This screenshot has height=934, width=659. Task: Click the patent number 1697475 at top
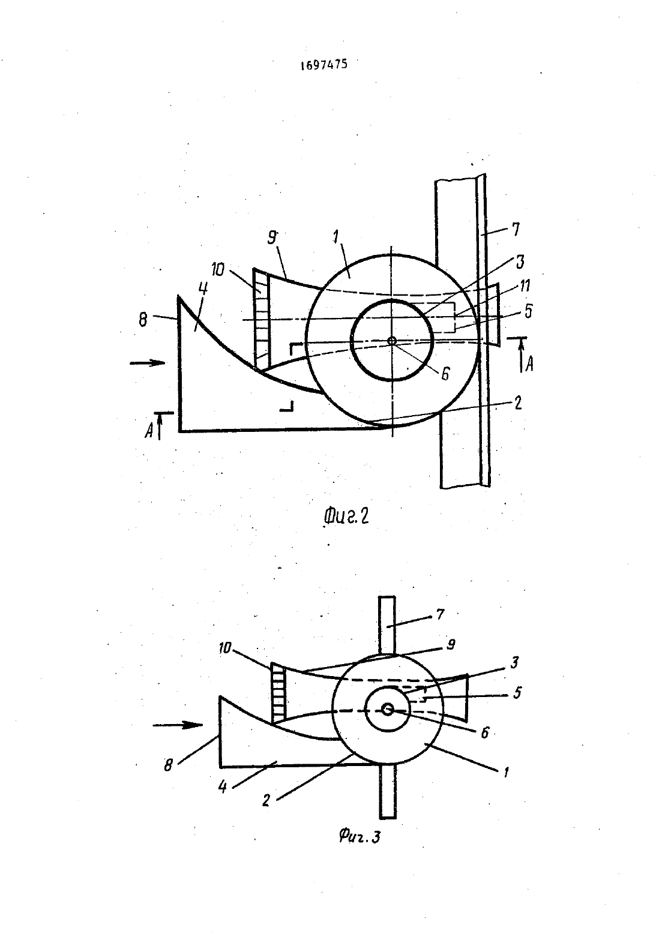point(323,65)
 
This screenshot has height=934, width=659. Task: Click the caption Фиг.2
point(346,516)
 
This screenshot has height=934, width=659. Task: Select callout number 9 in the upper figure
point(272,238)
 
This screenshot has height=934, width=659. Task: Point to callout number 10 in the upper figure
point(217,269)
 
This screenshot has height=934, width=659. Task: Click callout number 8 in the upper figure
point(143,321)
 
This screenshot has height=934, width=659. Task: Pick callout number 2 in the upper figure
point(517,403)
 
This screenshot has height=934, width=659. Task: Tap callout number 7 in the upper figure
point(516,229)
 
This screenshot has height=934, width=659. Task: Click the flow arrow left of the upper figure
point(148,363)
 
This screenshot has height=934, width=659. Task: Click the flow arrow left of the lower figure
point(178,725)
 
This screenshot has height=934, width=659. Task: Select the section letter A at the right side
point(528,365)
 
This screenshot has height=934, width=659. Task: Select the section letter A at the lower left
point(149,432)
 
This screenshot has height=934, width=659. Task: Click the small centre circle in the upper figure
point(391,340)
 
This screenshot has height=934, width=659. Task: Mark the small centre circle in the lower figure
point(388,709)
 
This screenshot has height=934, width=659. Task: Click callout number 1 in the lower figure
point(506,772)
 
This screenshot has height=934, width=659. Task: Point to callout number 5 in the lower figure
point(517,693)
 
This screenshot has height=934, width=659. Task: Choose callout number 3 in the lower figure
point(514,662)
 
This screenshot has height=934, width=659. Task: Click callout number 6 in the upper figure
point(445,374)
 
